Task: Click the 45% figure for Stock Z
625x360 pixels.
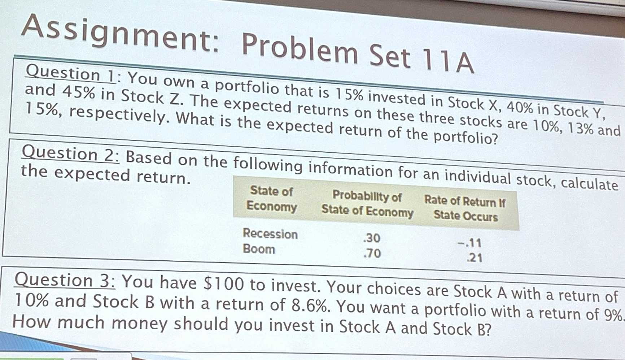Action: coord(79,92)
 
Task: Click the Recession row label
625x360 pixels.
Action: coord(270,234)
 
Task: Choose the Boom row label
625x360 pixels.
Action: coord(259,249)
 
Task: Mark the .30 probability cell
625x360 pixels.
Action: coord(372,238)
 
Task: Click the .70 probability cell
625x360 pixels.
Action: coord(372,253)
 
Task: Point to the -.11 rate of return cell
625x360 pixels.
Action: coord(469,243)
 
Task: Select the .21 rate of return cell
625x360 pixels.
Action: coord(474,258)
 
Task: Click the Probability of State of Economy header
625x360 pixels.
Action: coord(367,203)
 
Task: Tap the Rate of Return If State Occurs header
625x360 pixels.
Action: coord(465,208)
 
